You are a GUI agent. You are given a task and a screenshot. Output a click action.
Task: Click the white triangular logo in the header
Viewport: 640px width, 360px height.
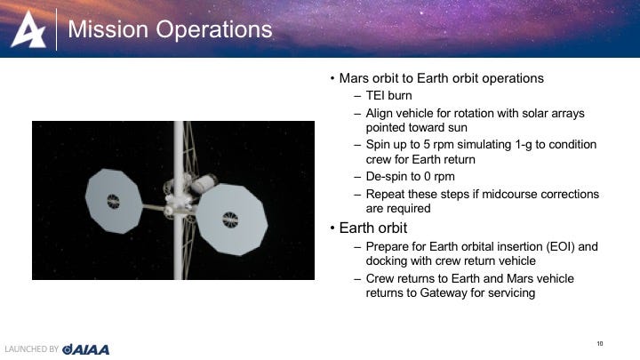(x=28, y=30)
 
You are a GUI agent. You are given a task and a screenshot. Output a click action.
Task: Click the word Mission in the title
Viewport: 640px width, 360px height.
(x=108, y=29)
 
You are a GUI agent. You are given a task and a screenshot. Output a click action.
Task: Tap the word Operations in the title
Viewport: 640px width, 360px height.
(x=214, y=30)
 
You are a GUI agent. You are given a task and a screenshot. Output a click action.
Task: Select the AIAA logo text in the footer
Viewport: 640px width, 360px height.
(x=85, y=349)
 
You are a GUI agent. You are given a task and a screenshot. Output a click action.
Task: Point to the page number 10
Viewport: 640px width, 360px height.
(x=600, y=344)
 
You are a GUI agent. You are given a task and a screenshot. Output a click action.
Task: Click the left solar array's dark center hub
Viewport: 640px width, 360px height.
(x=113, y=201)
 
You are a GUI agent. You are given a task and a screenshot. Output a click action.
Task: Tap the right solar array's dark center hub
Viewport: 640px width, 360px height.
(x=230, y=220)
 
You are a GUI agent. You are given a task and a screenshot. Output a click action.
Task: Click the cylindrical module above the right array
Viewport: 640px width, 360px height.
(x=204, y=183)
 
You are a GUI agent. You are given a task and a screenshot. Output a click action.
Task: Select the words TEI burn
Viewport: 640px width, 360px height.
(x=389, y=95)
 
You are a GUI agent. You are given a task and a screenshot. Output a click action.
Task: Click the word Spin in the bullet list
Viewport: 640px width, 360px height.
(x=379, y=145)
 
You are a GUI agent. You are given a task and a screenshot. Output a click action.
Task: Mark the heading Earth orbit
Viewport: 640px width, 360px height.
(x=373, y=228)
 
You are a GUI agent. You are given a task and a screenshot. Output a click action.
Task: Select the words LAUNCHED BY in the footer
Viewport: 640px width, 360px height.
(x=32, y=349)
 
